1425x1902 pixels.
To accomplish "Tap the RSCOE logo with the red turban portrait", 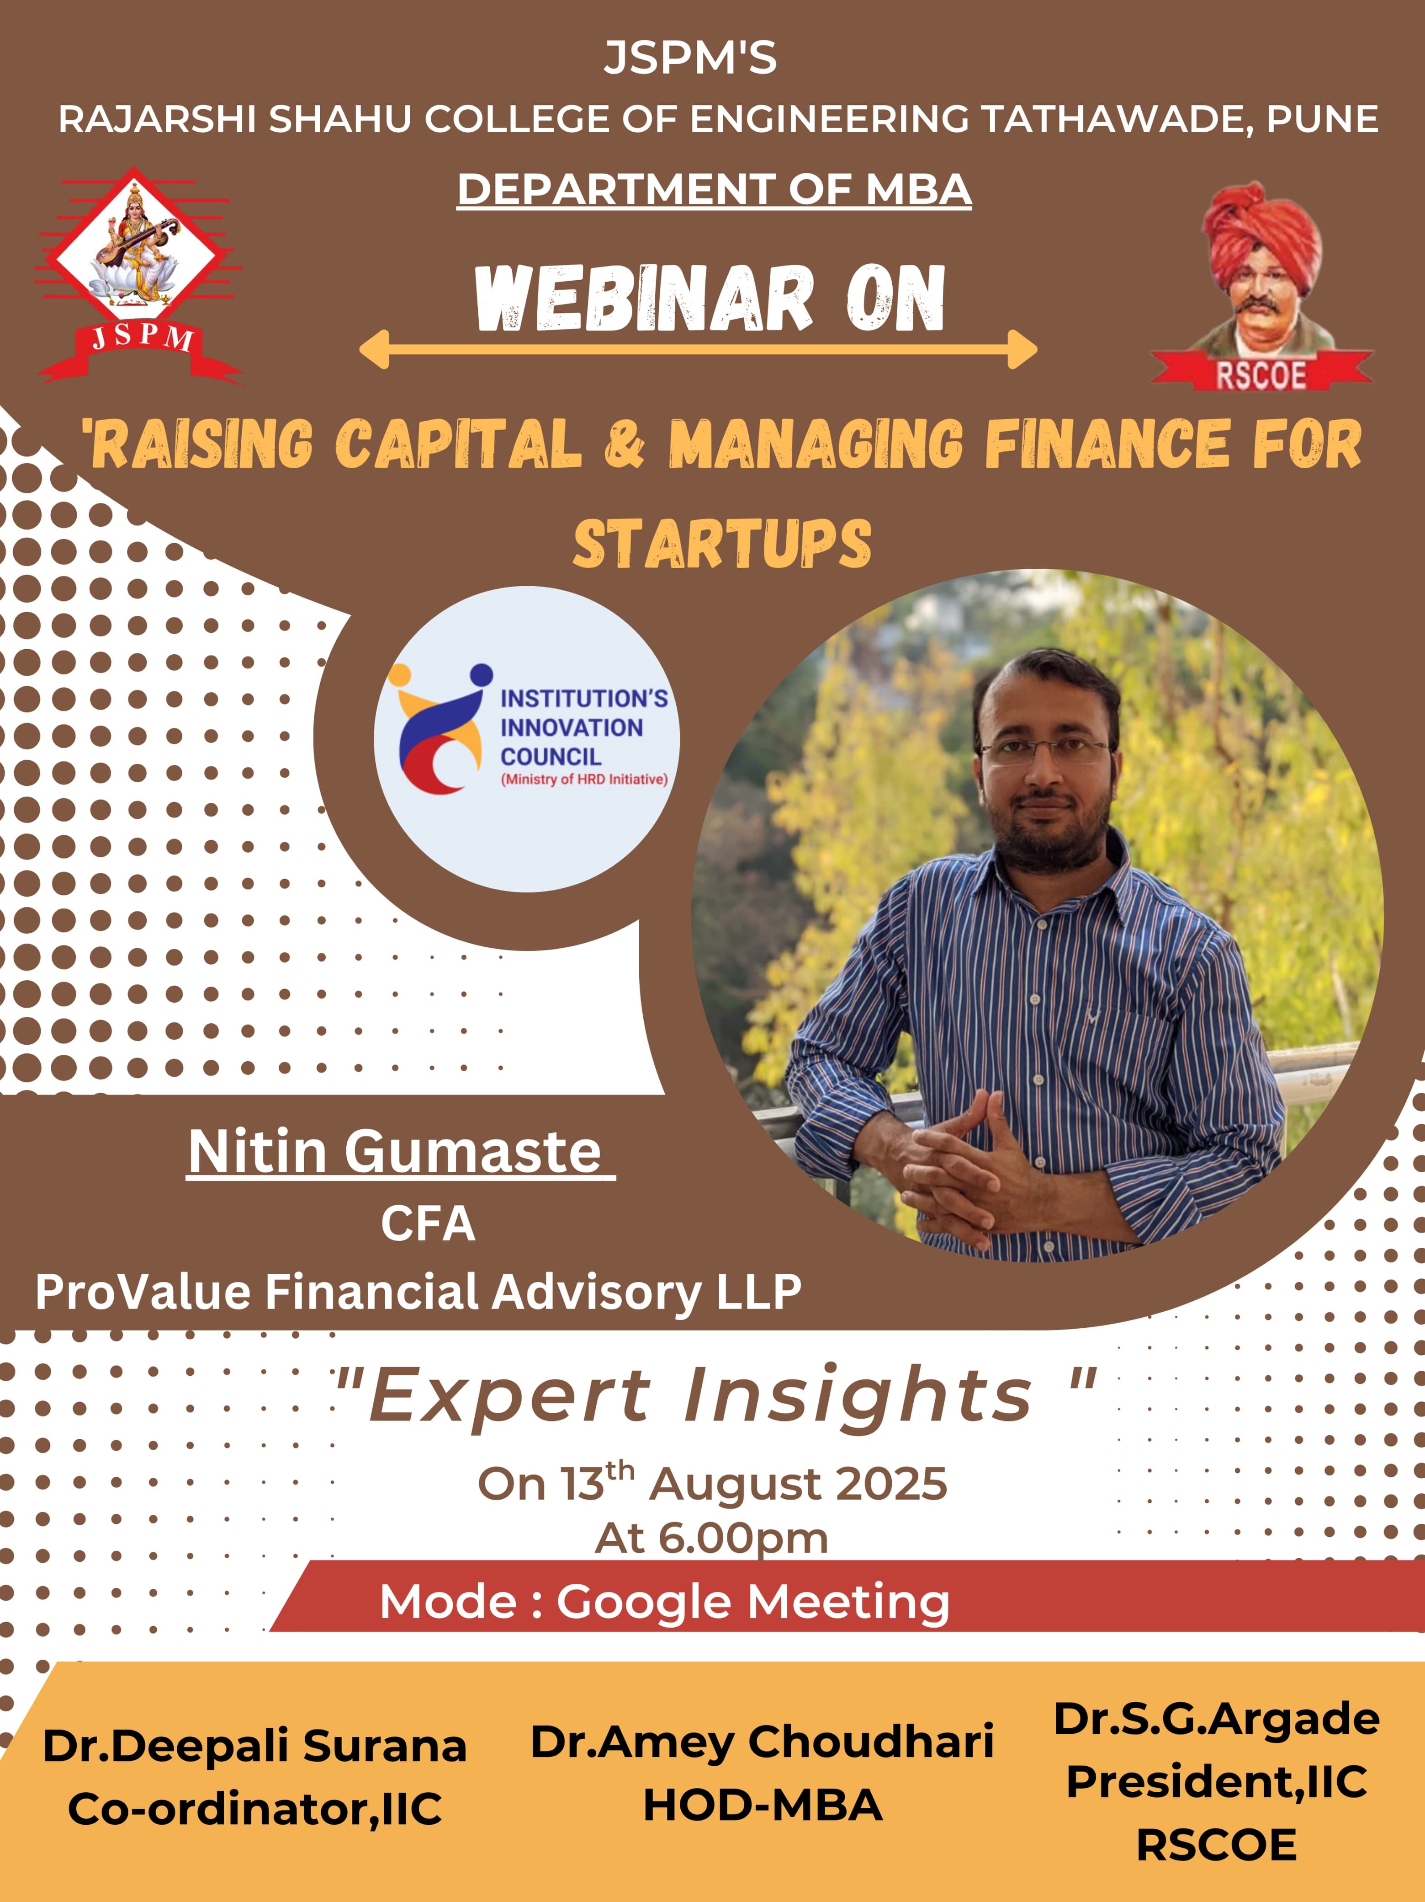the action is (x=1262, y=286).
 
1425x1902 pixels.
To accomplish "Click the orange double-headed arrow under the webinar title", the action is (x=698, y=349).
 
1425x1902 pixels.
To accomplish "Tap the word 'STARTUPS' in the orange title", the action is (x=722, y=544).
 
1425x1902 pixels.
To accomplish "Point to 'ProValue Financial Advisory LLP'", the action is (x=418, y=1292).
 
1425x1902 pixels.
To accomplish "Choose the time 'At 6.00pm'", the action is (x=712, y=1538).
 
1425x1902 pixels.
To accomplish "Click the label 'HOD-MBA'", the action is (x=763, y=1805).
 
